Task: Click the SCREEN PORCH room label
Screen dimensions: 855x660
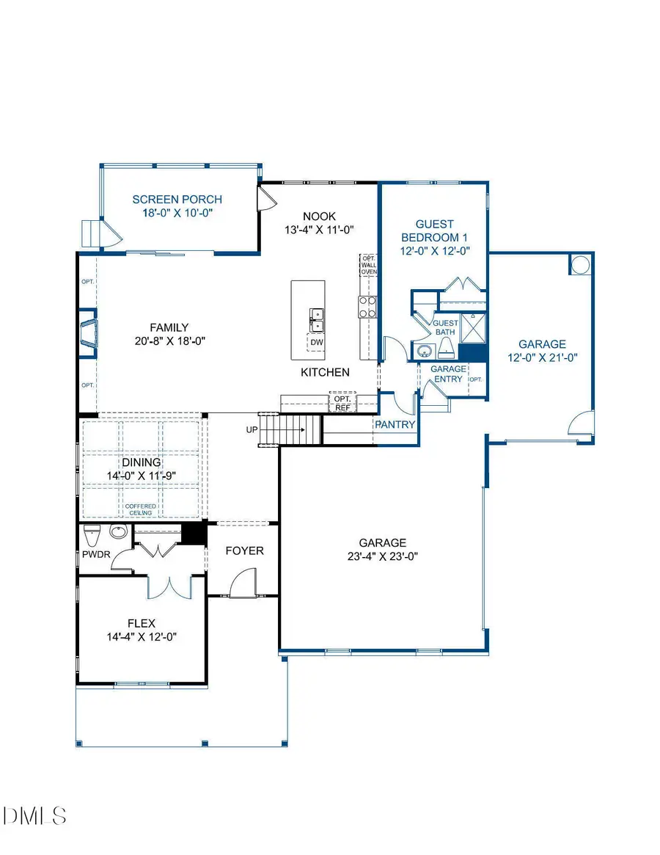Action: (177, 199)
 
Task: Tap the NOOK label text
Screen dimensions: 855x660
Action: (319, 216)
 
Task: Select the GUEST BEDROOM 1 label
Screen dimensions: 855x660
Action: (434, 230)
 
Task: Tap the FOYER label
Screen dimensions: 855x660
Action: (244, 550)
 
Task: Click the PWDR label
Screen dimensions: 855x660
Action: (96, 555)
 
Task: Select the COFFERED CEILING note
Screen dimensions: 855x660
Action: (139, 509)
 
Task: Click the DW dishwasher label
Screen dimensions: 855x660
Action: (317, 343)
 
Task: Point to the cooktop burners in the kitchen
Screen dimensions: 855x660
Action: (367, 306)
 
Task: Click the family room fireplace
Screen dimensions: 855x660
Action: (88, 332)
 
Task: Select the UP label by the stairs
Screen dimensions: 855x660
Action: (252, 429)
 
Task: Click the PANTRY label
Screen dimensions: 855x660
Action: (395, 424)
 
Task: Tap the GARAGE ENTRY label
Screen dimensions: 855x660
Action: (447, 374)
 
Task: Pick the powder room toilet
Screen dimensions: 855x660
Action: (92, 532)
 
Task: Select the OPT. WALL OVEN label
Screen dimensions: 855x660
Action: (367, 265)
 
